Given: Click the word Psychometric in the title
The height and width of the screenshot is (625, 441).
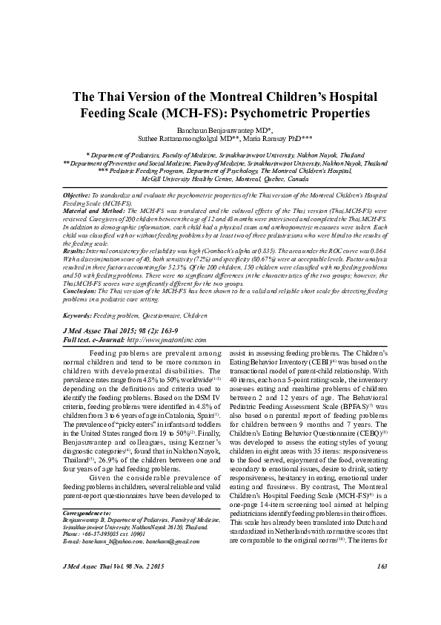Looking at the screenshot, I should click(285, 115).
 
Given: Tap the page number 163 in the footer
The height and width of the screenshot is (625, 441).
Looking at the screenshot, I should click(382, 608).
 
